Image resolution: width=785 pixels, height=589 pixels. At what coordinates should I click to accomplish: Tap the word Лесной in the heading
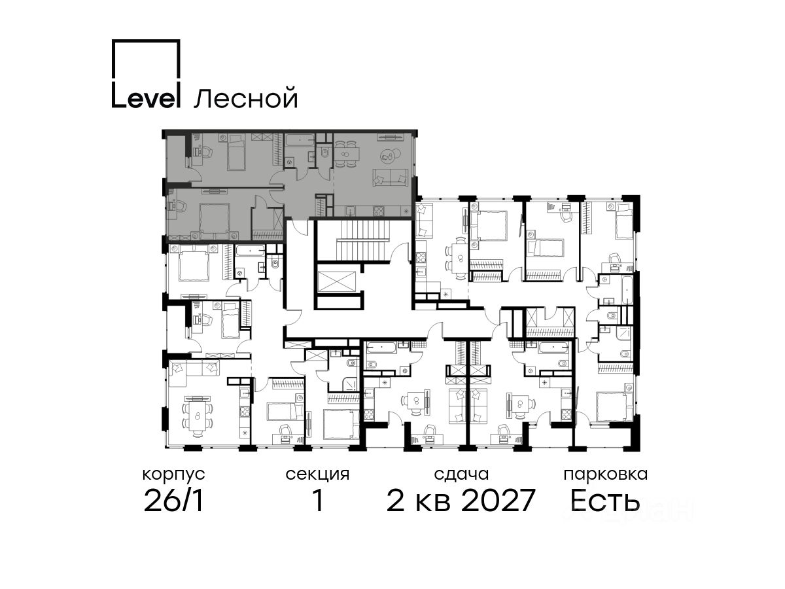(246, 98)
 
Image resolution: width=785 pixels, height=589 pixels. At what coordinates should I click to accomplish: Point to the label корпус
(173, 475)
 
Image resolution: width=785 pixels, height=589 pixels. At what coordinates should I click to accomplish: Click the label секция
(317, 475)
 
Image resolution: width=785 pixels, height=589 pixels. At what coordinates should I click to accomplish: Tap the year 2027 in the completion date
(498, 500)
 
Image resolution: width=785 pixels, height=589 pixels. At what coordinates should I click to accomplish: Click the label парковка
(606, 475)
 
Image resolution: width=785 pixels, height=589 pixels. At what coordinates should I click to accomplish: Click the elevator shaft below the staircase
(336, 282)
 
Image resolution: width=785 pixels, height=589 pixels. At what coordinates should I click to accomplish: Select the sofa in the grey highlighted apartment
(390, 177)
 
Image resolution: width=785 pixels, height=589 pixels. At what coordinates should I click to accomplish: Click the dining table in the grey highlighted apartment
(347, 154)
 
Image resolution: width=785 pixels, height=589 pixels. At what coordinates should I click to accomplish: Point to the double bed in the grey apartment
(214, 219)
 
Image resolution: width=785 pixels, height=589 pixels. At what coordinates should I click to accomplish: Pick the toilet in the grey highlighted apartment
(324, 152)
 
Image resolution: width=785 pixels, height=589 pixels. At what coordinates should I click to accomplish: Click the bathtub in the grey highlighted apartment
(300, 140)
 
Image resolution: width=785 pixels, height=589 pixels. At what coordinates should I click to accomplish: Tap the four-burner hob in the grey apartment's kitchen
(379, 211)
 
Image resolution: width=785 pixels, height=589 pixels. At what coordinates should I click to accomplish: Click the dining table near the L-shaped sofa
(197, 417)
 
